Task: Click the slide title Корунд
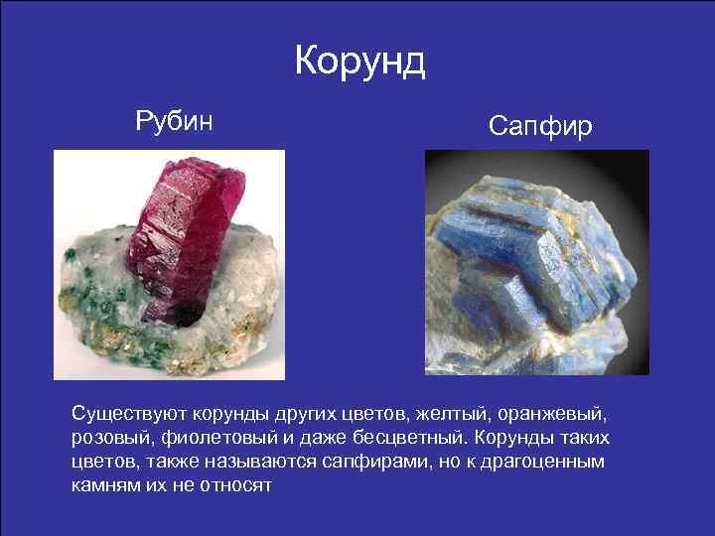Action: coord(359,62)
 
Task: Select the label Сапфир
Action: coord(540,126)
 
